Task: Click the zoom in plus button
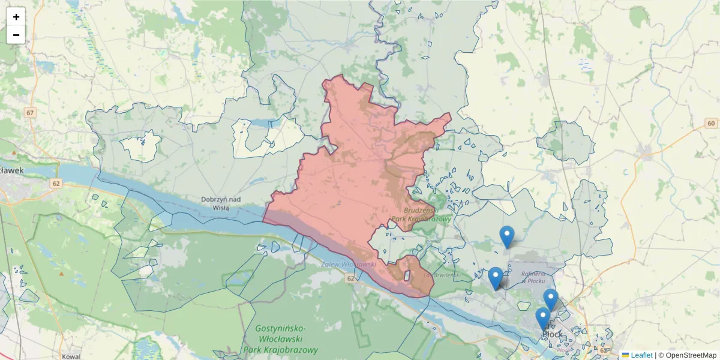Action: point(16,17)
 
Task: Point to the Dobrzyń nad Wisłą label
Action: point(221,203)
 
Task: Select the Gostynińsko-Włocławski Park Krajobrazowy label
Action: point(280,338)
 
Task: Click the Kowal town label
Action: point(71,356)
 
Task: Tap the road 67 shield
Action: point(31,113)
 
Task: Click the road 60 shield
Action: point(711,124)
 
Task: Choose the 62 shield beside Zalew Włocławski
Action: point(350,278)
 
